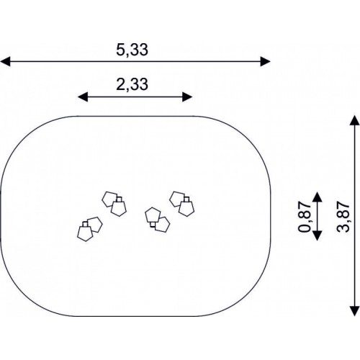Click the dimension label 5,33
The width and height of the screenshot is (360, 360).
tap(132, 50)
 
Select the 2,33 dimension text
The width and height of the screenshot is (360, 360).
tap(132, 84)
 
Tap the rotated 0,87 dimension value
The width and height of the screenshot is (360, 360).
tap(305, 217)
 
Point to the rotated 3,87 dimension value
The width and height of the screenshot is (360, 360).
tap(343, 217)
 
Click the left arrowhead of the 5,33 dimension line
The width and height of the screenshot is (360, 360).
tap(5, 61)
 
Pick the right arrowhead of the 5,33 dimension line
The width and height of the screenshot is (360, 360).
tap(266, 61)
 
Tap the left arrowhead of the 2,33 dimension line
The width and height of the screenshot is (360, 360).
tap(83, 97)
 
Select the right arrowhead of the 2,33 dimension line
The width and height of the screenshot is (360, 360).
tap(187, 97)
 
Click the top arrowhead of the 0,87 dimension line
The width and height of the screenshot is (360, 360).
tap(318, 197)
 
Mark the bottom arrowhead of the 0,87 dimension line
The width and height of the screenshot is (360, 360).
tap(318, 235)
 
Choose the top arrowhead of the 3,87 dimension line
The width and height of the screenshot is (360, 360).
tap(354, 120)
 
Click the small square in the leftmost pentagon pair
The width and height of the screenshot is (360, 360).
tap(85, 224)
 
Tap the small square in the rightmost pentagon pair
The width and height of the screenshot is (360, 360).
tap(186, 199)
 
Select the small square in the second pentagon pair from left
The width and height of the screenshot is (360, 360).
tap(119, 199)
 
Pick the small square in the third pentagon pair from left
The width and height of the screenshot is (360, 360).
tap(153, 225)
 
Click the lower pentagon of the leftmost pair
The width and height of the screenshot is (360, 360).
tap(85, 233)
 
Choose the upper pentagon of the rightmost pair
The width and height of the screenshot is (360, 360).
tap(177, 199)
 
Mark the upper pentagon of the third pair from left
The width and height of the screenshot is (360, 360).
tap(153, 215)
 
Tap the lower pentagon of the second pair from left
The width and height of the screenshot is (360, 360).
tap(119, 209)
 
